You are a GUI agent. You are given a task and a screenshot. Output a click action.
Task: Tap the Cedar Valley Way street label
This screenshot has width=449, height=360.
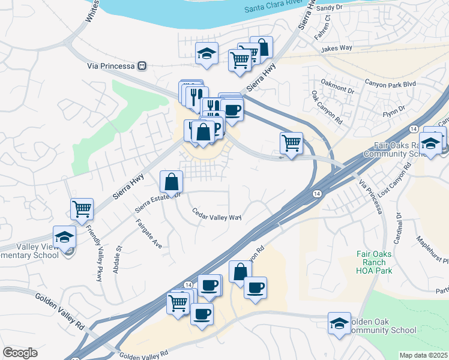[217, 214]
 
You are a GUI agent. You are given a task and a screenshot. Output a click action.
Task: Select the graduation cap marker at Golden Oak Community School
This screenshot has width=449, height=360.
[339, 323]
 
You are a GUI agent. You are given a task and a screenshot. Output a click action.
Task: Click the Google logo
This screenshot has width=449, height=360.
[20, 353]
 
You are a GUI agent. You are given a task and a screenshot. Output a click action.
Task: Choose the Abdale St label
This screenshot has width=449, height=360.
[118, 256]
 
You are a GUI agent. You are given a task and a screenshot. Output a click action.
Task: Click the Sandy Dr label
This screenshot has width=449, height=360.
[328, 8]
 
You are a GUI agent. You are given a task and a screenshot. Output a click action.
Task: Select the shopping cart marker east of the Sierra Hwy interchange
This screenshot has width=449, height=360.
[291, 143]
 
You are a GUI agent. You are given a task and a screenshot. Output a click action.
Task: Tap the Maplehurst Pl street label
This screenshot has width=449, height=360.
[432, 250]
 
